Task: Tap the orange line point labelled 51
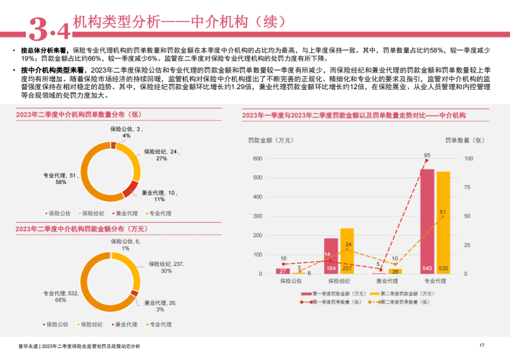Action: point(442,218)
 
